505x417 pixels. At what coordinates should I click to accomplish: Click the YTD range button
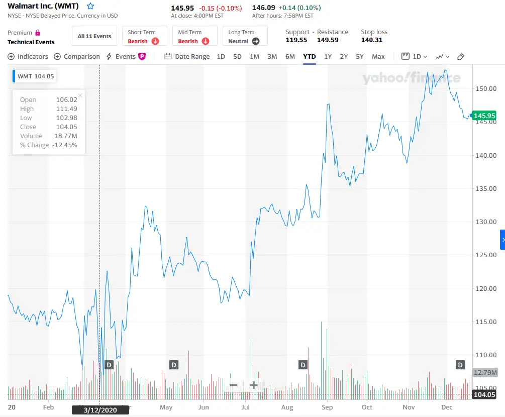coord(310,57)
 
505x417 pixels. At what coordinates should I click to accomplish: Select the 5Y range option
coord(360,57)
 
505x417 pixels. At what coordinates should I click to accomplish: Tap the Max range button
coord(378,57)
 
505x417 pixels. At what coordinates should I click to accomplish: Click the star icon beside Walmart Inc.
coord(90,7)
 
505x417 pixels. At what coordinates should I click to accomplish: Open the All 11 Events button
coord(94,36)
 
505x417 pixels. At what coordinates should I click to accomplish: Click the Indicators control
coord(28,57)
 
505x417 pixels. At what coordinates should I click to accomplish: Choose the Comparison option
coord(77,57)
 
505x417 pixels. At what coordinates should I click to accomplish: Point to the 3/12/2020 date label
coord(100,410)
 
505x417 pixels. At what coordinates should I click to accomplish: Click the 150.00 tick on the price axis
coord(485,89)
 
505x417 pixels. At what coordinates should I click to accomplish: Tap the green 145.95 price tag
coord(484,116)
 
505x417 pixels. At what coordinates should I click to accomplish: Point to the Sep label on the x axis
coord(327,407)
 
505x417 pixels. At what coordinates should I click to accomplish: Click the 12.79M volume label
coord(485,373)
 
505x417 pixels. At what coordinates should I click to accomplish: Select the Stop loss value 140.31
coord(372,40)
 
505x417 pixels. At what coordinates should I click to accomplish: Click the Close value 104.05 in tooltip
coord(66,127)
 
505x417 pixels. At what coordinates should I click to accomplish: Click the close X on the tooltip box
coord(80,95)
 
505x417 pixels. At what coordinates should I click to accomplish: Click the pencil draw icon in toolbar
coord(461,57)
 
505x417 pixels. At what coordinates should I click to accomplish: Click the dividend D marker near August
coord(303,365)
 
